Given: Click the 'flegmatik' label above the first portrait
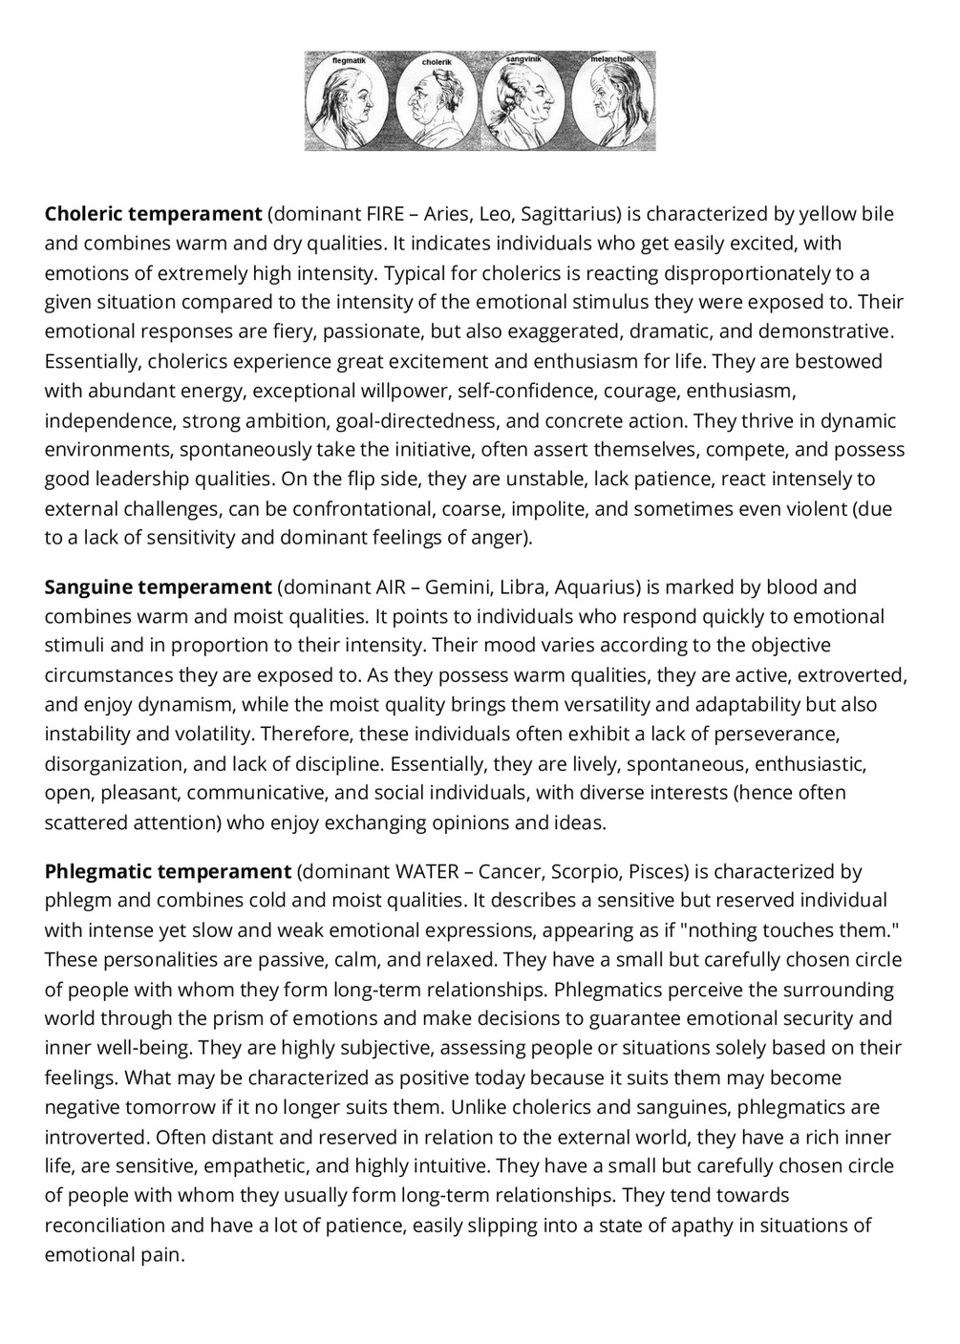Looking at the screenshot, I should tap(348, 60).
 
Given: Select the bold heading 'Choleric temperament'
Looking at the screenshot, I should tap(153, 213).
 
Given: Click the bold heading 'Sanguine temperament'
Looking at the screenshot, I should tap(159, 587).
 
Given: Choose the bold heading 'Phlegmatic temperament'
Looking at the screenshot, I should tap(167, 871).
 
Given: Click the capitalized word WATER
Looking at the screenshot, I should tap(427, 871).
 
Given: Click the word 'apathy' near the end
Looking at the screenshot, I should tap(684, 1226).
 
